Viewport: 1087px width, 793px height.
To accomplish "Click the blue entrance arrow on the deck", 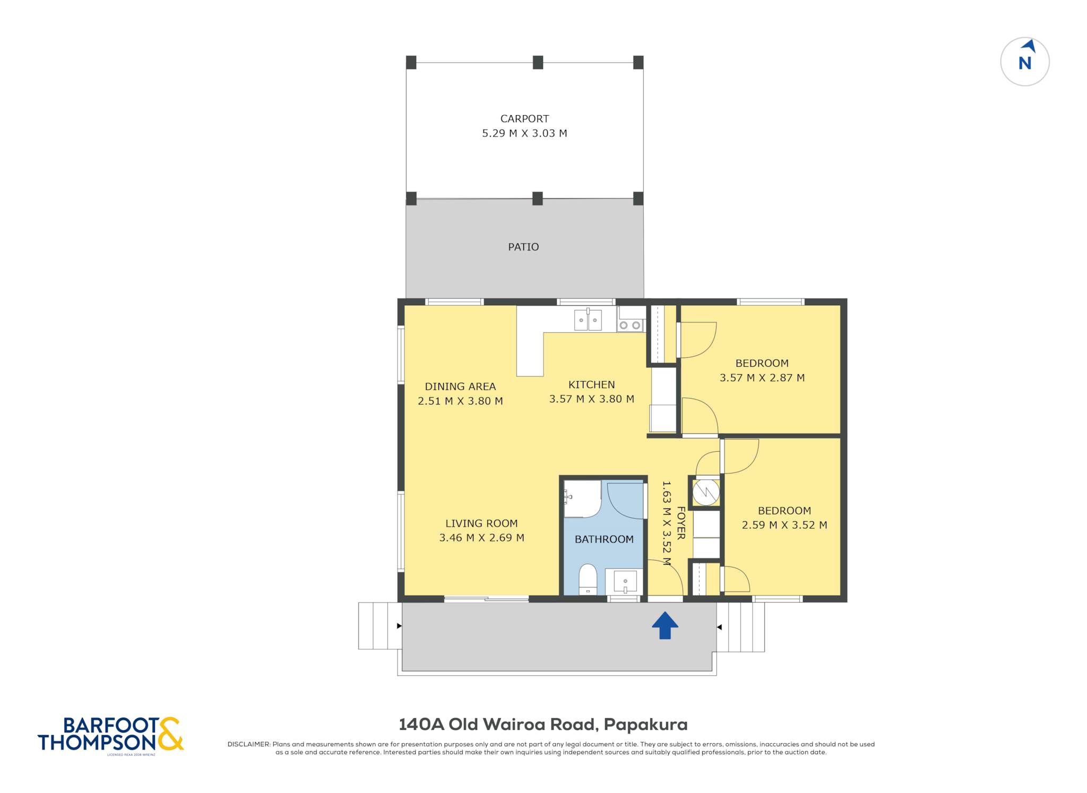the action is [665, 625].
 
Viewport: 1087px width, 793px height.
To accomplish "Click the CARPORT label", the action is [524, 119].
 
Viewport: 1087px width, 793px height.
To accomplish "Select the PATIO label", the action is [523, 247].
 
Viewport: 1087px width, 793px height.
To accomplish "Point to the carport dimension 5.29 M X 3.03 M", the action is [524, 133].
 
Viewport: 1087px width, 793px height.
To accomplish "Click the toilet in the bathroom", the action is [588, 580].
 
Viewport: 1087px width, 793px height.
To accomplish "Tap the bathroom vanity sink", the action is [625, 582].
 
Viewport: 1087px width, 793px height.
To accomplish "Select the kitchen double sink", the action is [588, 320].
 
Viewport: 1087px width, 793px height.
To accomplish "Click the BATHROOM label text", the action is [604, 539].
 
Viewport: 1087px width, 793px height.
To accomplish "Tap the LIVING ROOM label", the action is [481, 523].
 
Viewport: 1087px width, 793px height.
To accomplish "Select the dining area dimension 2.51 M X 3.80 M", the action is [460, 401].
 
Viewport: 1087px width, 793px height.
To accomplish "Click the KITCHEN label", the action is [592, 385].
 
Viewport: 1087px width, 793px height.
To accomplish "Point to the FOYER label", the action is [681, 523].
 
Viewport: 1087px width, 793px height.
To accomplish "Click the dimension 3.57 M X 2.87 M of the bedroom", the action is [762, 378].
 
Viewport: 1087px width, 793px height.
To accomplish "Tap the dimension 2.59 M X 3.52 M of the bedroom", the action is [784, 525].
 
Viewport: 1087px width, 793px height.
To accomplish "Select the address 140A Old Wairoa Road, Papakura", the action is [543, 725].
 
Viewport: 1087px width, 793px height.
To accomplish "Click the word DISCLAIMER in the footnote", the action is [249, 744].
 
